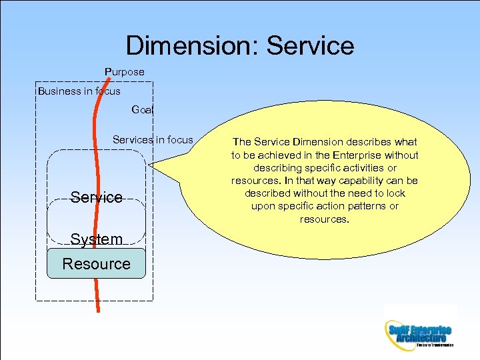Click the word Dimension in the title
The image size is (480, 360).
[193, 45]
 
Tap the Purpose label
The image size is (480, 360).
[124, 71]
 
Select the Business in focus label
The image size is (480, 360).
[79, 91]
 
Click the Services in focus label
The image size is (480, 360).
[153, 139]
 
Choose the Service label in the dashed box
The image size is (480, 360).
[97, 197]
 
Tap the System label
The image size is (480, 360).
[97, 239]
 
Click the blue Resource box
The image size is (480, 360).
[96, 263]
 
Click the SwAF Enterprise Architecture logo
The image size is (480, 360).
[419, 332]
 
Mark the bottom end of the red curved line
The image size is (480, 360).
[99, 310]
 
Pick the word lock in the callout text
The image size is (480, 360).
[395, 193]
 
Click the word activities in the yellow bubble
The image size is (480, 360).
[363, 168]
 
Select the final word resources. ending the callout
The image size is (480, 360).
[324, 219]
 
